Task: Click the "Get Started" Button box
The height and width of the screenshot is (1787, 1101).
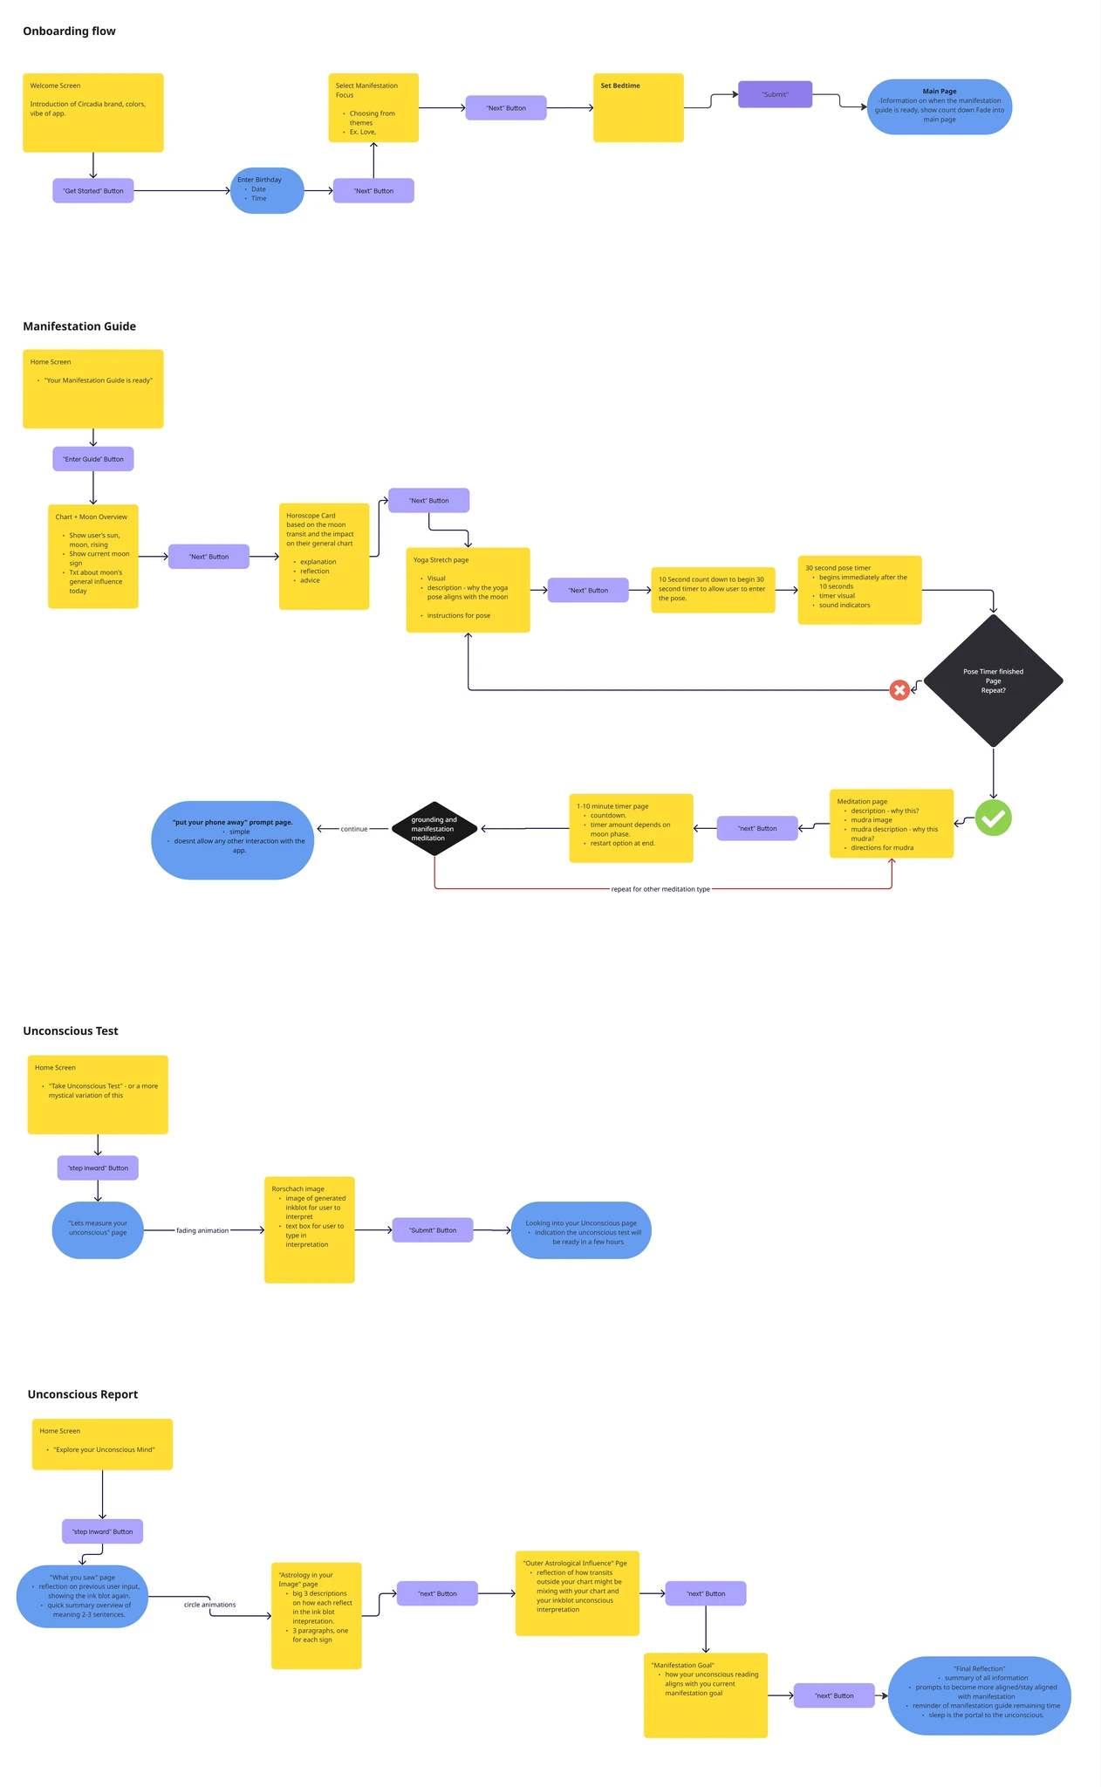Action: tap(92, 190)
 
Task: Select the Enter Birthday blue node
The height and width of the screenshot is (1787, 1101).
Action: tap(267, 189)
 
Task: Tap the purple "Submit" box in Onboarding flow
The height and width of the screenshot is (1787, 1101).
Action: tap(775, 94)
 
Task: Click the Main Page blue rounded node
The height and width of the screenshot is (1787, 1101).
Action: tap(939, 106)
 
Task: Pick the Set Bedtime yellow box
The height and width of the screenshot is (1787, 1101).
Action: tap(638, 107)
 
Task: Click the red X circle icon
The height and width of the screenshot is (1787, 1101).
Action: tap(899, 690)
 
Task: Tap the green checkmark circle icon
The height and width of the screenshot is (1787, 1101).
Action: tap(993, 818)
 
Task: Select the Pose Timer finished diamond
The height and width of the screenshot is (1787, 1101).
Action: tap(993, 681)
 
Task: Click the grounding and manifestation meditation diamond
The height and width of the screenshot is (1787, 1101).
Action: tap(434, 828)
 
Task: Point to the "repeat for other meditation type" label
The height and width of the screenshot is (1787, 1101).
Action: tap(660, 889)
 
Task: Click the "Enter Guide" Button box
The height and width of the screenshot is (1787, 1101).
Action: tap(92, 459)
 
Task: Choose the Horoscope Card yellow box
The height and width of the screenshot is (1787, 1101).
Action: tap(324, 556)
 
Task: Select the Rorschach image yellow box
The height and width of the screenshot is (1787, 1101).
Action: tap(309, 1229)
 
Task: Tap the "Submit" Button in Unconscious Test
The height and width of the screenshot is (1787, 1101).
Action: tap(433, 1230)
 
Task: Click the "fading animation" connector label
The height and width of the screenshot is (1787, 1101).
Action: tap(202, 1230)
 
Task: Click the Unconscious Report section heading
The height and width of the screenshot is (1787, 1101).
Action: tap(83, 1394)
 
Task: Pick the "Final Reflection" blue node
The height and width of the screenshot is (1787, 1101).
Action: tap(979, 1695)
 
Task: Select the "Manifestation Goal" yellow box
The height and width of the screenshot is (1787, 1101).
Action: tap(705, 1695)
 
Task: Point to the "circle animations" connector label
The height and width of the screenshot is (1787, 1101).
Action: tap(209, 1605)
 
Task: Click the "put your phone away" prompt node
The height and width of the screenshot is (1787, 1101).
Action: tap(232, 839)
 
